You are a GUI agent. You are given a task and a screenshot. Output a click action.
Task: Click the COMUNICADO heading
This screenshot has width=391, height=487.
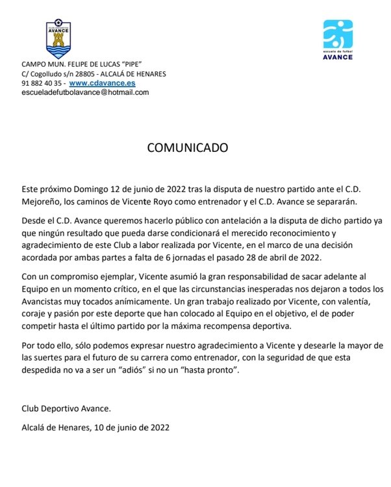188,147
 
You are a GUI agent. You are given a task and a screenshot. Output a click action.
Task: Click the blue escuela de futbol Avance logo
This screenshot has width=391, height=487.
338,39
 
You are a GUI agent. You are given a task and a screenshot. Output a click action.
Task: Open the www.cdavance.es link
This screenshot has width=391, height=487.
102,83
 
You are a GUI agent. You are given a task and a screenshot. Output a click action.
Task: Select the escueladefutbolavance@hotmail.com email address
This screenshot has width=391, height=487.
85,92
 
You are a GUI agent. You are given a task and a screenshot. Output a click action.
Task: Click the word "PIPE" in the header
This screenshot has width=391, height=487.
135,64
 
